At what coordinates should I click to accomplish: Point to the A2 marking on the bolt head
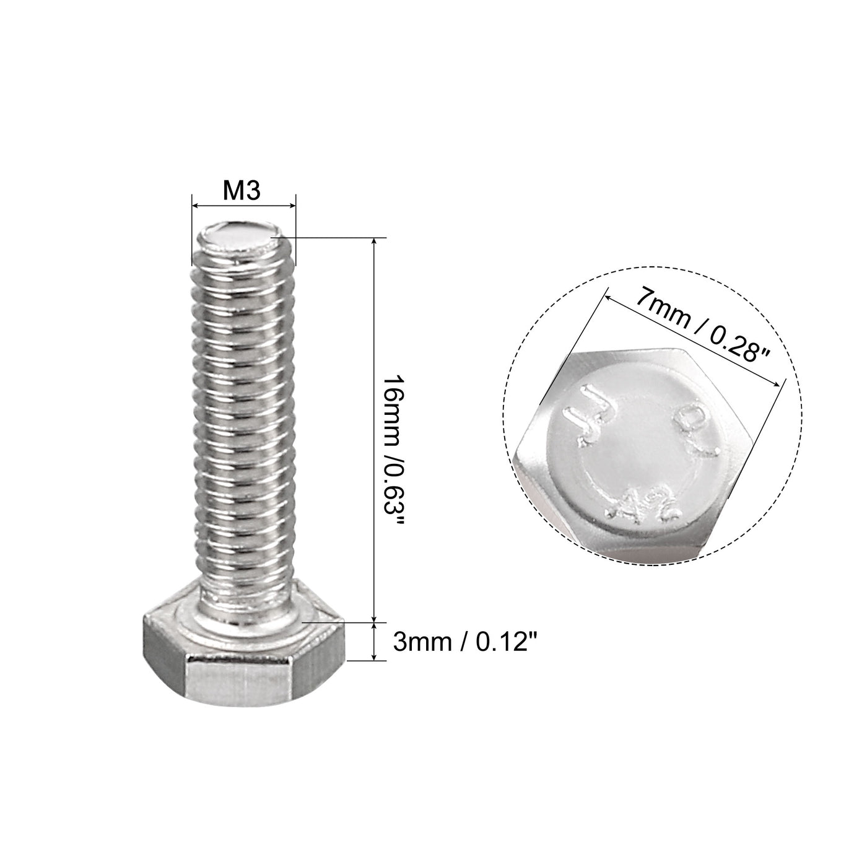point(644,503)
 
